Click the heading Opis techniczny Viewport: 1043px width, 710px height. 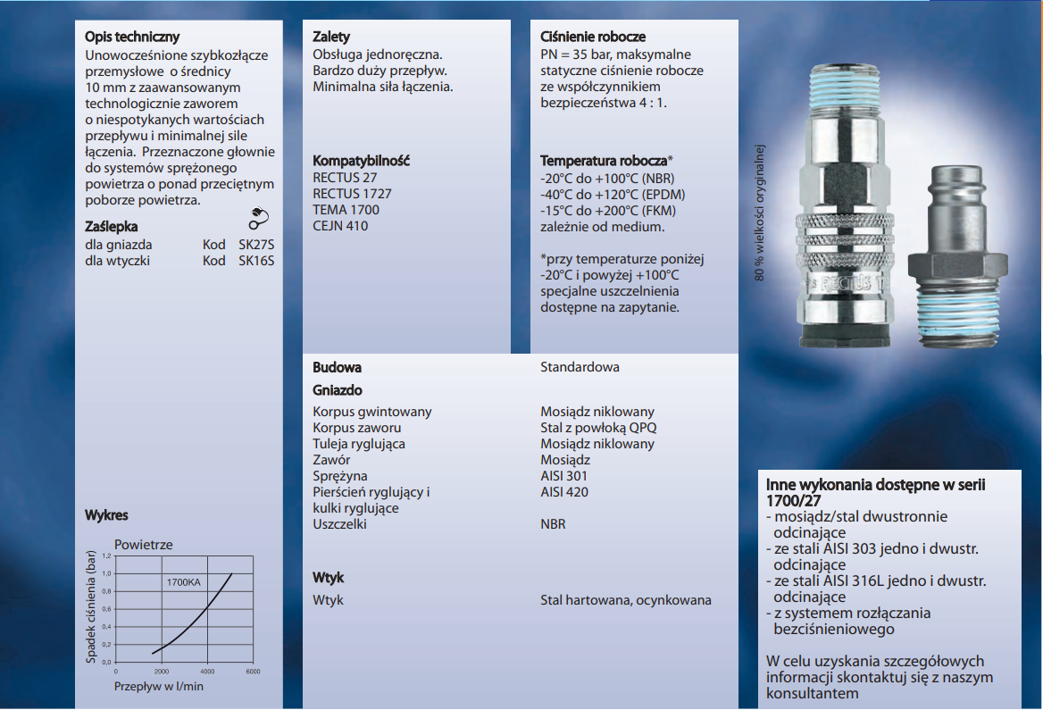pos(132,38)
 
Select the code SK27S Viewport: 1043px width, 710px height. pos(256,245)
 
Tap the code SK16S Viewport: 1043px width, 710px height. pos(256,261)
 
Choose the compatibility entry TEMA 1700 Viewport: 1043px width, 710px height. pos(346,210)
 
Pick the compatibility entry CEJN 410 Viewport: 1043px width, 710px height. pos(340,226)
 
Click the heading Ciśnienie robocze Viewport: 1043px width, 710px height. pos(593,38)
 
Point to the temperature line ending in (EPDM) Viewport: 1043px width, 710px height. pos(607,195)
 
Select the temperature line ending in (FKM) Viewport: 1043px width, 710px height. pos(607,211)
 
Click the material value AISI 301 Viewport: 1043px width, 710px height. pos(564,476)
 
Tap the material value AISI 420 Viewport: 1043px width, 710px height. pos(564,492)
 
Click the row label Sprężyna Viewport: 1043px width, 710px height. pos(340,476)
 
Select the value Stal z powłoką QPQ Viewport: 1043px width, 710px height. pos(598,428)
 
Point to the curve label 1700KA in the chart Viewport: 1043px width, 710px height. pos(183,582)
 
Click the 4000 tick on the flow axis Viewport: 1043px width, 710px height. pos(207,671)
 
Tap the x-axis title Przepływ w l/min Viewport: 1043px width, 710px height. pos(159,686)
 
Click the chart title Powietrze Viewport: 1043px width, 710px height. pos(144,545)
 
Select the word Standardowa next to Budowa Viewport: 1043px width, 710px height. pos(580,367)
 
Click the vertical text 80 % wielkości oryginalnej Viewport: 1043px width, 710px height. pos(761,213)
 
